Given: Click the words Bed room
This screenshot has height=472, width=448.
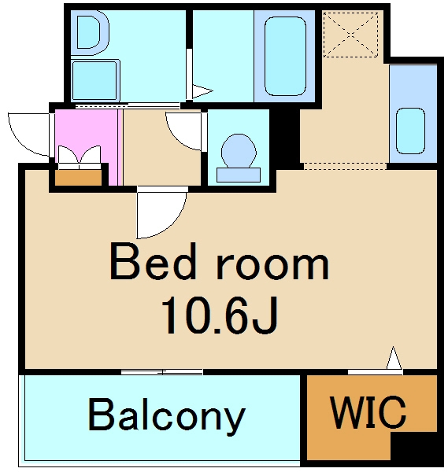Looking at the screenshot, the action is [x=220, y=262].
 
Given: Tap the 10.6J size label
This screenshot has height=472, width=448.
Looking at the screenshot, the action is [x=220, y=315].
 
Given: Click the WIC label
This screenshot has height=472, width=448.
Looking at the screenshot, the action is [x=368, y=412].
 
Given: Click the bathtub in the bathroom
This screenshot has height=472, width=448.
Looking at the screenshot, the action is [x=285, y=56].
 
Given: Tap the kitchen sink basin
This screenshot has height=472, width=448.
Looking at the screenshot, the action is [x=410, y=131].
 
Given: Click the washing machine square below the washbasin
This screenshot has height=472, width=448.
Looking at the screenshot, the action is [x=95, y=80].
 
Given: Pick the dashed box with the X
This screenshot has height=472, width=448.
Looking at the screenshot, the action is [x=350, y=35].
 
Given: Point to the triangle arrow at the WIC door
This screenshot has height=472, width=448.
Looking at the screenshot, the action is [x=394, y=358].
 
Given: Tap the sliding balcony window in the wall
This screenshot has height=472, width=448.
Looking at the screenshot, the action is [x=162, y=372].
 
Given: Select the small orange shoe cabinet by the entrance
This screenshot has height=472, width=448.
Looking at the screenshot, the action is [x=78, y=178].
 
